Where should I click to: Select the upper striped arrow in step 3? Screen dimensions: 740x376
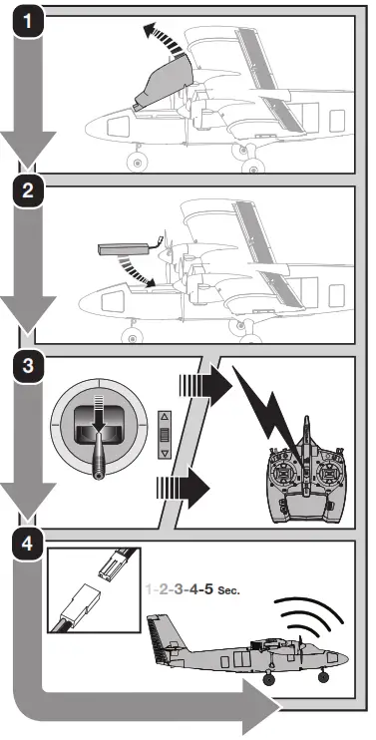tap(203, 384)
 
